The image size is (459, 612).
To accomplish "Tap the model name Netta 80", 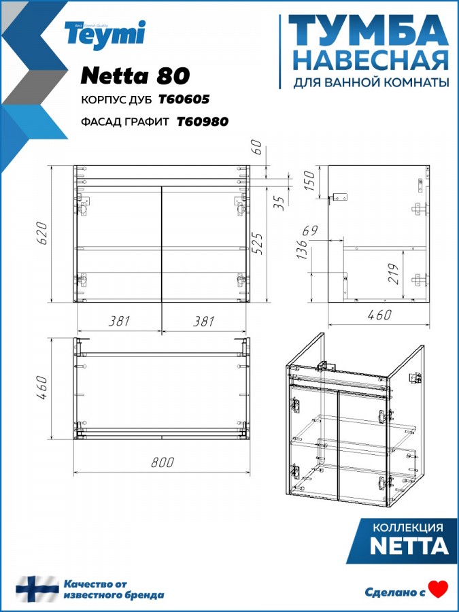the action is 135,75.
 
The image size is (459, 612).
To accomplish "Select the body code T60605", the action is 184,99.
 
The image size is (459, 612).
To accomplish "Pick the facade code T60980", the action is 203,122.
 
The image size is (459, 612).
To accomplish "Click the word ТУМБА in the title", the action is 368,31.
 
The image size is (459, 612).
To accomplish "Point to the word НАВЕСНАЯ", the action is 371,61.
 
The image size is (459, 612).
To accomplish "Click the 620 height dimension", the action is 43,233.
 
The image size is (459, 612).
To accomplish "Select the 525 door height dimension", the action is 258,244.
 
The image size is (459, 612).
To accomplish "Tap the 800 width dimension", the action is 162,462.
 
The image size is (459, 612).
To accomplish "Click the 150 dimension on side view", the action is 309,180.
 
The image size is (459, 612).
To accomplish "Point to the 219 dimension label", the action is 394,274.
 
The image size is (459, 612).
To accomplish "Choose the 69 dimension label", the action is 311,231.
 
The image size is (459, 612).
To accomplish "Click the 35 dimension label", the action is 279,203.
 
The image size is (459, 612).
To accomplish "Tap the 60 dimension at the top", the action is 258,148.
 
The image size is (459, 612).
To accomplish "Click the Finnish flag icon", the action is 37,589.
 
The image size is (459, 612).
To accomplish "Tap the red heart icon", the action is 438,589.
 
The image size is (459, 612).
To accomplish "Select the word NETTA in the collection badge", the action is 409,546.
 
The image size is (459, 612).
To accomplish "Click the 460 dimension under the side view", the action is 379,315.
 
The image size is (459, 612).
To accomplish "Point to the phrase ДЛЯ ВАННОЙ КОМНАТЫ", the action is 371,82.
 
